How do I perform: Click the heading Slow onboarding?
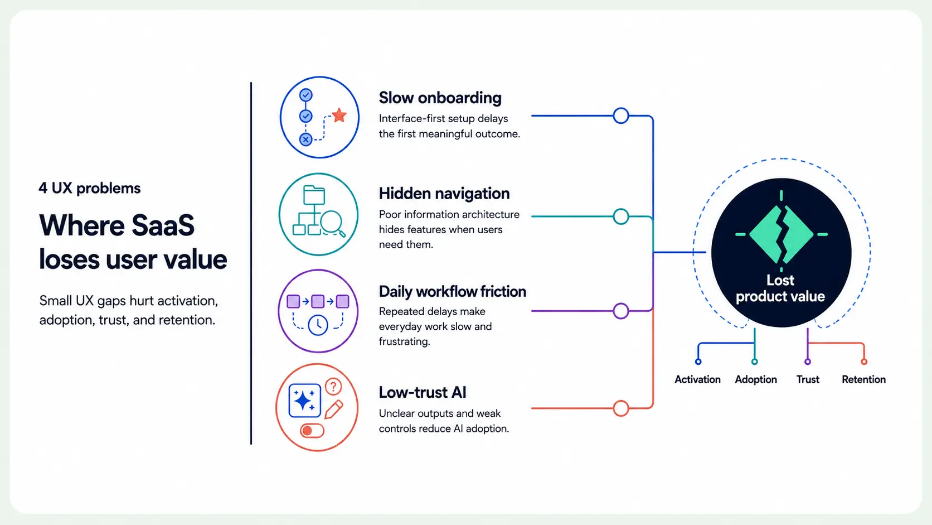(x=440, y=98)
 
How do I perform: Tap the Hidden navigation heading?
(x=444, y=194)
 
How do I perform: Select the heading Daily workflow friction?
(x=452, y=291)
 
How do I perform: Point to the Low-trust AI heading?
(x=423, y=392)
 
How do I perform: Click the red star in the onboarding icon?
(x=339, y=115)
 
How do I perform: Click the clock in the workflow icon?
(x=318, y=325)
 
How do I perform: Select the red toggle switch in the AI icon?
(x=312, y=431)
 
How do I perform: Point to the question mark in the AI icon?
(x=333, y=387)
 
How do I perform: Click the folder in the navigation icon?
(x=314, y=195)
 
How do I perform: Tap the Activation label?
(x=697, y=379)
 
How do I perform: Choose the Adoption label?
(x=756, y=380)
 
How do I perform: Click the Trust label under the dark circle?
(x=808, y=379)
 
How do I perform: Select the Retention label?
(x=864, y=379)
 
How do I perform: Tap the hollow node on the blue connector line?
(x=621, y=115)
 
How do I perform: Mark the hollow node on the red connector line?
(x=621, y=408)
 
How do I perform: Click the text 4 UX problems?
(x=89, y=188)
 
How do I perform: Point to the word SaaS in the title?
(x=163, y=225)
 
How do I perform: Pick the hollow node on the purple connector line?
(x=621, y=311)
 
